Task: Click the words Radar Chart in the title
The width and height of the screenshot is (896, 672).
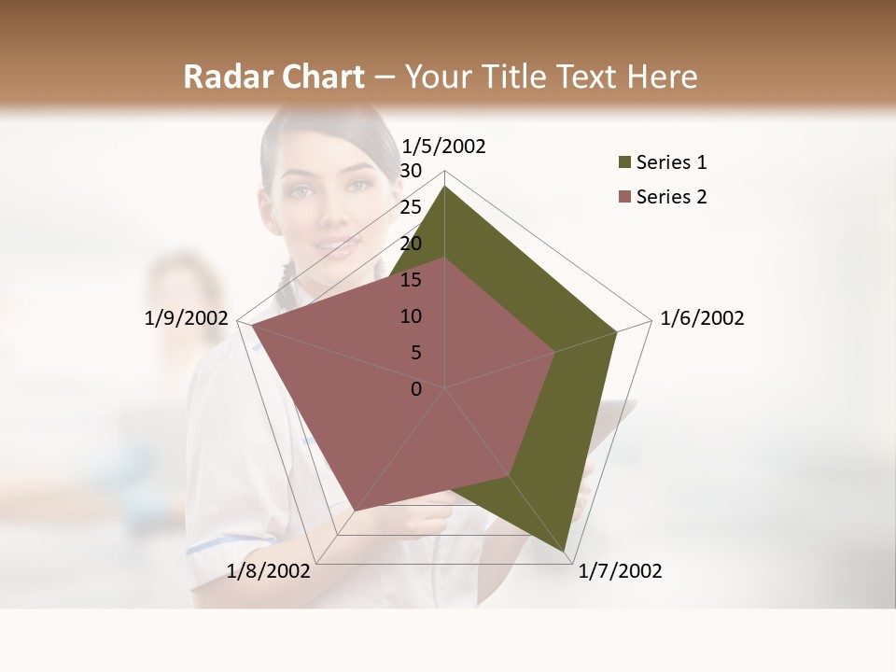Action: [273, 77]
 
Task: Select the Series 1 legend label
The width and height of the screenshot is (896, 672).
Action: [671, 162]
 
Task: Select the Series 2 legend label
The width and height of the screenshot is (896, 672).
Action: [671, 197]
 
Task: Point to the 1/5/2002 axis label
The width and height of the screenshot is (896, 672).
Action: [443, 146]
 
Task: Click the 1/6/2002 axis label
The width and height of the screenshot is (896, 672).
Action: [702, 318]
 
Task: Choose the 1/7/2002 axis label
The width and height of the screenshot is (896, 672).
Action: [620, 571]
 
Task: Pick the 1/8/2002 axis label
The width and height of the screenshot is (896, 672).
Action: [269, 571]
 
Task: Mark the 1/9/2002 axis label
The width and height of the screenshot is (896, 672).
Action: [187, 318]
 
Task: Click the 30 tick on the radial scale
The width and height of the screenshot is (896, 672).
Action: [411, 171]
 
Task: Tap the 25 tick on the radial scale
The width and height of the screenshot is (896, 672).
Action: [411, 207]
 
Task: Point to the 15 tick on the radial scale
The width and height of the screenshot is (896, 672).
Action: [411, 280]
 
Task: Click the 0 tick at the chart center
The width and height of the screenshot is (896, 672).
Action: [416, 389]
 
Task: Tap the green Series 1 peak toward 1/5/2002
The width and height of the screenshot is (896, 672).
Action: [445, 187]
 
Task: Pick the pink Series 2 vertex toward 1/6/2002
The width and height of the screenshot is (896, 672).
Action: [555, 353]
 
